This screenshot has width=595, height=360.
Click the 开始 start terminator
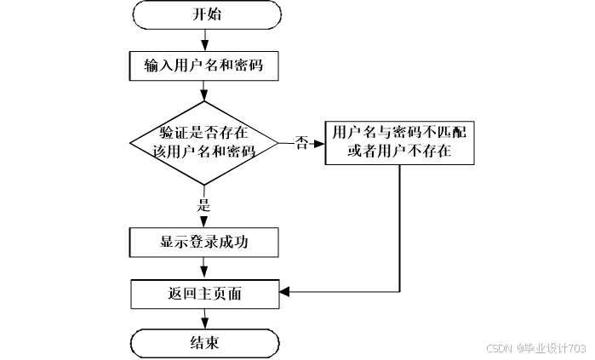(x=207, y=14)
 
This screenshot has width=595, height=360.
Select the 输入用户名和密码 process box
(x=203, y=66)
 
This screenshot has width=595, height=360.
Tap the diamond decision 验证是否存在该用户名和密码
(x=204, y=143)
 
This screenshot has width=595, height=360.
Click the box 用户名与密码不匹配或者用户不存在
(x=399, y=143)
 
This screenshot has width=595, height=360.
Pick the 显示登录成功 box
(x=203, y=243)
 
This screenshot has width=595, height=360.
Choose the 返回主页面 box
(x=205, y=294)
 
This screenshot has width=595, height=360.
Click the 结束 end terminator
(x=205, y=343)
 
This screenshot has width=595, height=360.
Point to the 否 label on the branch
(x=301, y=143)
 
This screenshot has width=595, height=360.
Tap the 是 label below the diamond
(x=203, y=205)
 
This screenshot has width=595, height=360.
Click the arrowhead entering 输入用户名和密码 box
(x=205, y=46)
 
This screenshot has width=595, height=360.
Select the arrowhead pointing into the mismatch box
(x=319, y=144)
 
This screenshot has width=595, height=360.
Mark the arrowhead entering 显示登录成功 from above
(x=203, y=222)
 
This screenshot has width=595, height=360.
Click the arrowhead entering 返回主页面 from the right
(x=285, y=292)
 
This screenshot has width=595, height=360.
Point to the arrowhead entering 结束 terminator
(x=205, y=323)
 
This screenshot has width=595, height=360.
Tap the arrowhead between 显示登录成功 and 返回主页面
(x=204, y=271)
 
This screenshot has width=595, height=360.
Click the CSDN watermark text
(x=499, y=348)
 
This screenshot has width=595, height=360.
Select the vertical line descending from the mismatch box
(x=399, y=228)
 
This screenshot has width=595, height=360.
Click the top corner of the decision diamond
(x=204, y=101)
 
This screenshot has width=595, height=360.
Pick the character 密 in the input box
(x=241, y=66)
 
